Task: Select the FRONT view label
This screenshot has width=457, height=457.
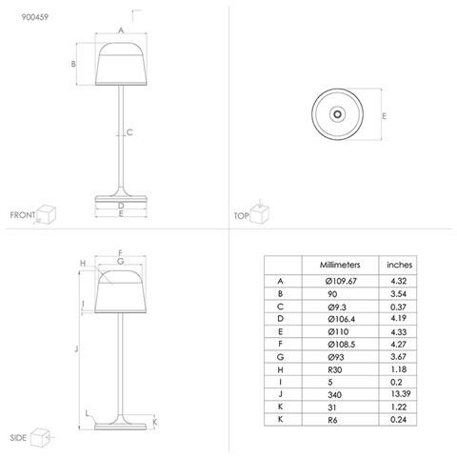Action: [23, 216]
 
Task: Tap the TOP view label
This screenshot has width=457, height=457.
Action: [240, 216]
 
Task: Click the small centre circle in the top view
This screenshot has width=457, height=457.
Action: [337, 113]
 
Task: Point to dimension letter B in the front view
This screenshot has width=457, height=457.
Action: [73, 64]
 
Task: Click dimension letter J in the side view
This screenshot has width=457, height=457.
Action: [74, 350]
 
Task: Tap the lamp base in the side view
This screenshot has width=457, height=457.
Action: [121, 422]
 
